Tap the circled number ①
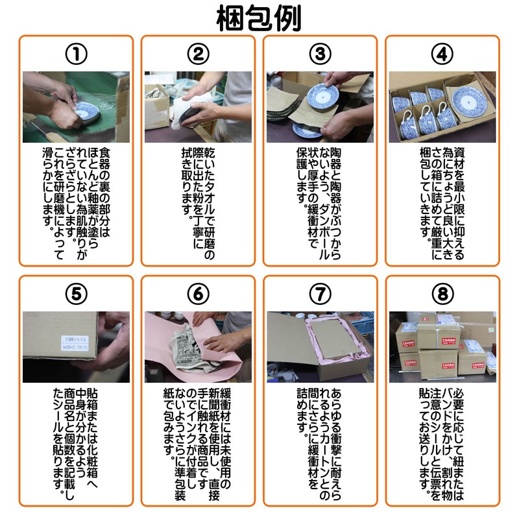(76, 54)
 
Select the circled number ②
(198, 54)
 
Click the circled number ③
(320, 54)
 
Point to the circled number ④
(442, 54)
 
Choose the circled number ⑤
(76, 294)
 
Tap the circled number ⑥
(198, 294)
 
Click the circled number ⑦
(320, 294)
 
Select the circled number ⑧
(442, 294)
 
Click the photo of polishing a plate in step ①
(76, 107)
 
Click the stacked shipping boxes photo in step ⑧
(442, 347)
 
